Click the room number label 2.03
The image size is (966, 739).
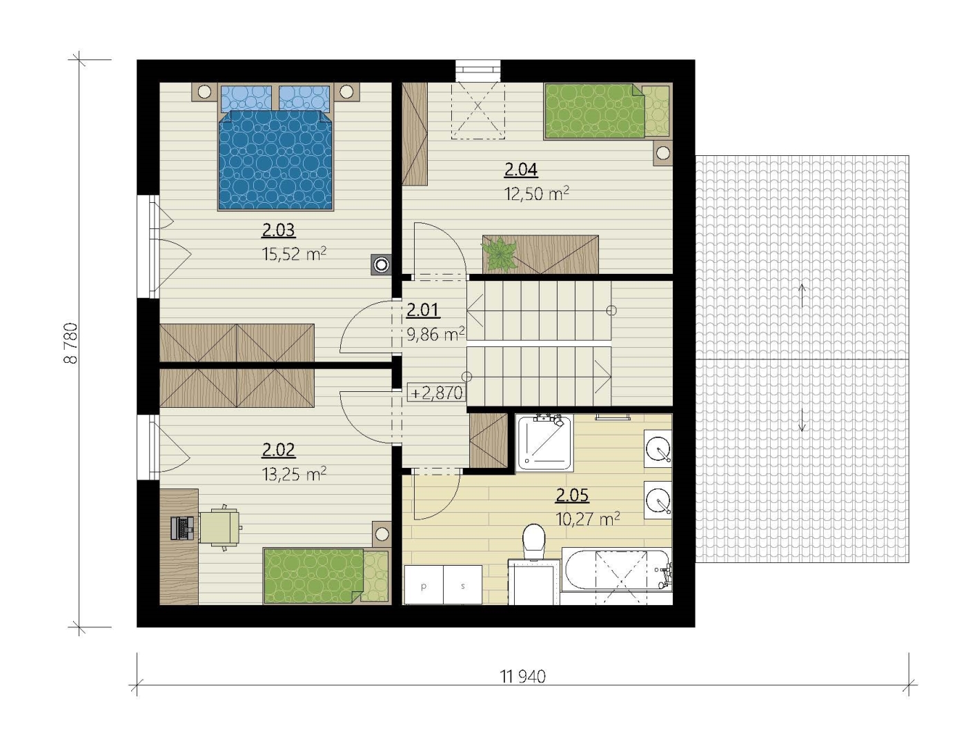278,230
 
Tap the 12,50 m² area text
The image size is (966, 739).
536,193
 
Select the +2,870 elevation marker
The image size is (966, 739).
437,393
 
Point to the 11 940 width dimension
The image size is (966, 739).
523,676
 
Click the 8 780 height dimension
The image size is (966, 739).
71,344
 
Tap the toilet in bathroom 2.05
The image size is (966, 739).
534,542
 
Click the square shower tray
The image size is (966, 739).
544,443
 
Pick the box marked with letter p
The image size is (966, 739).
424,584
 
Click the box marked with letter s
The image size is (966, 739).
462,584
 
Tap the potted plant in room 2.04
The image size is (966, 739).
500,255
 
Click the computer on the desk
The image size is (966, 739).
181,528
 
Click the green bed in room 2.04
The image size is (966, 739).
607,111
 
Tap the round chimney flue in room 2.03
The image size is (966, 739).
381,265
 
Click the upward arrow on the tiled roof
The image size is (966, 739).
802,296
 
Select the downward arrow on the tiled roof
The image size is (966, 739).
802,420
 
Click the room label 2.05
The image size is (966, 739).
572,495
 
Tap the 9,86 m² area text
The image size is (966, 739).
435,335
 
